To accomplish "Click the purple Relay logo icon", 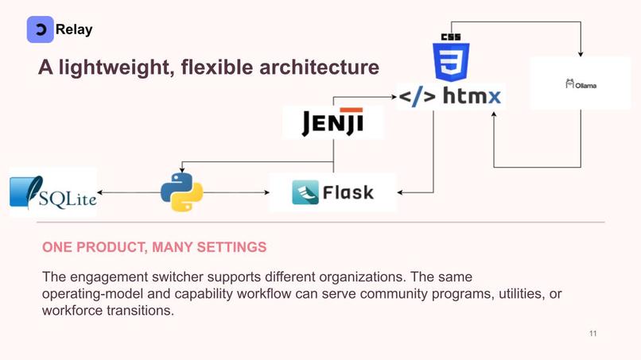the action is click(x=40, y=29).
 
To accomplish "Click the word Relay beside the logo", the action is click(x=74, y=29).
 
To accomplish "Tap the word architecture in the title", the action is click(x=319, y=67).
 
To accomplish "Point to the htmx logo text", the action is click(x=449, y=96).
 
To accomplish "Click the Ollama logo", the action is click(x=581, y=84).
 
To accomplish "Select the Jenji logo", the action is click(x=332, y=122).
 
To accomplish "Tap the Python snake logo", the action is click(x=182, y=192).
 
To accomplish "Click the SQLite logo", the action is click(x=53, y=192).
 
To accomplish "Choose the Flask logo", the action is click(x=332, y=192).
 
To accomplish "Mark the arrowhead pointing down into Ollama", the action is click(x=581, y=54).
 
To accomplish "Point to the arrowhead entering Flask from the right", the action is click(x=400, y=192).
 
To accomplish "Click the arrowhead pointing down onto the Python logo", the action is click(x=182, y=169).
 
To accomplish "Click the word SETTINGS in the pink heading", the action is click(x=231, y=247).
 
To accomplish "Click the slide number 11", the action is click(x=592, y=334).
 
